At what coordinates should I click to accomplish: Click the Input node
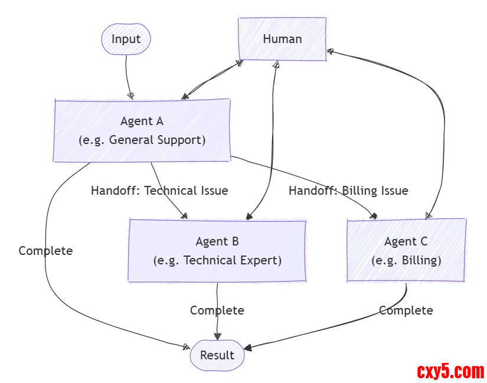click(x=126, y=40)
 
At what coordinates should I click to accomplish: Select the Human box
click(x=282, y=39)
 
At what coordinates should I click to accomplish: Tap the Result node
click(x=217, y=355)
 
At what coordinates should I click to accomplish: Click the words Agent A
click(x=142, y=121)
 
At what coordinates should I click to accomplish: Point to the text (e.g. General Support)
click(x=142, y=140)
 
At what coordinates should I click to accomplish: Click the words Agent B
click(x=217, y=241)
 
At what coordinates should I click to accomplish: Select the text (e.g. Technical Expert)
click(x=217, y=260)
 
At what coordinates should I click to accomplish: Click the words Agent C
click(x=406, y=241)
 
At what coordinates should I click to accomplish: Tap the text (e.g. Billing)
click(x=406, y=260)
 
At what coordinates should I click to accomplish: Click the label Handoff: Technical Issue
click(x=159, y=191)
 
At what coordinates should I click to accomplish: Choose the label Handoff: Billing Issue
click(x=348, y=191)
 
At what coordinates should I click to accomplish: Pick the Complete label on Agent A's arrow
click(x=45, y=251)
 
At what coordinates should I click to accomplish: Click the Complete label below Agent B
click(x=217, y=310)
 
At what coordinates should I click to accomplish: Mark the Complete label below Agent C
click(x=406, y=310)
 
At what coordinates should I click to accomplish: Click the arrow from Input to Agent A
click(x=127, y=74)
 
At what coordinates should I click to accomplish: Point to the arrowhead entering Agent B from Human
click(x=250, y=216)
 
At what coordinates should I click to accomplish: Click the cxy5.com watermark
click(x=450, y=371)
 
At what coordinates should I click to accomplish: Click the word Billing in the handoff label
click(x=360, y=191)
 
